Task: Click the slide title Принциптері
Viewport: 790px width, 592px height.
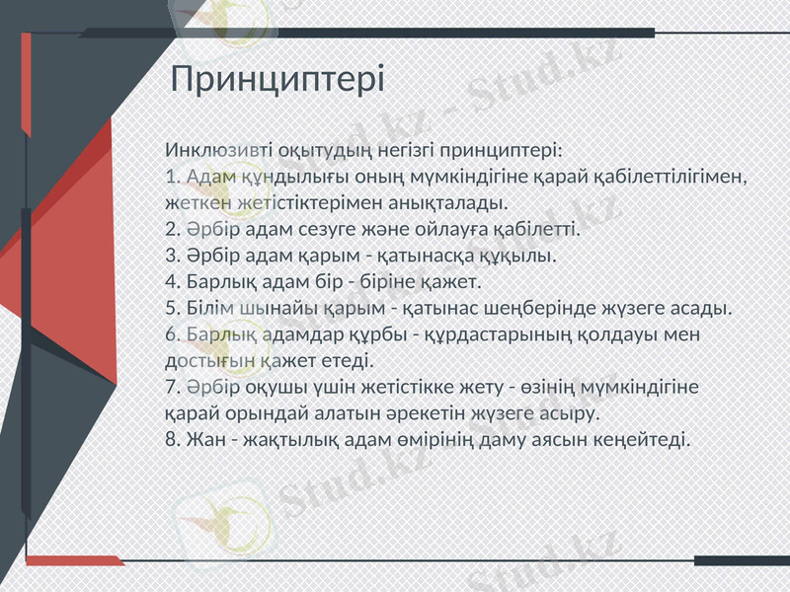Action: [277, 79]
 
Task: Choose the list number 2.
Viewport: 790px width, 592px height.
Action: [172, 230]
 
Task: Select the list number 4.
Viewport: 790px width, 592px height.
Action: [172, 282]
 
